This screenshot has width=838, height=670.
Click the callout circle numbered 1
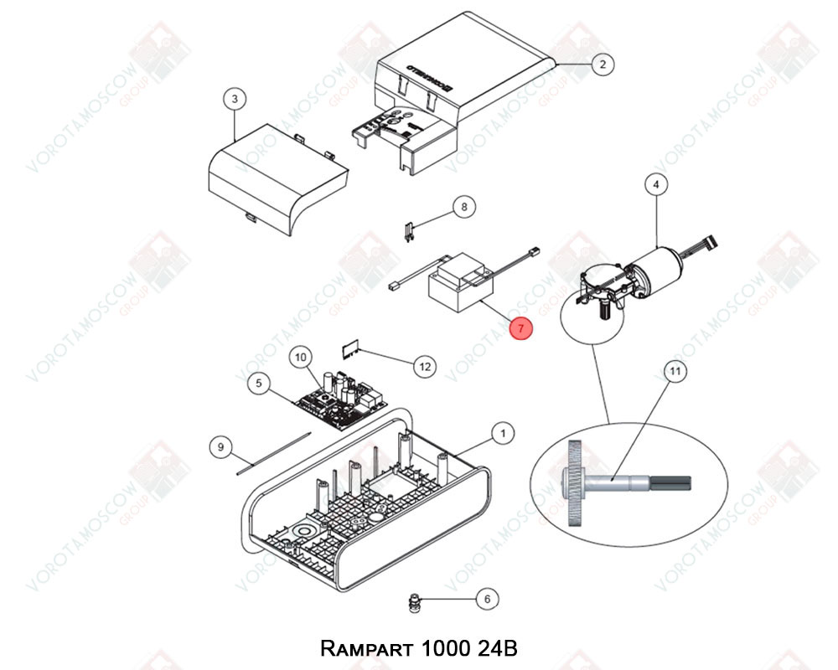coord(502,433)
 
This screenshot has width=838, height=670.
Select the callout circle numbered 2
coord(602,64)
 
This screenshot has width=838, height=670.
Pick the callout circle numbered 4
coord(655,183)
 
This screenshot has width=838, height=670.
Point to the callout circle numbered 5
coord(259,384)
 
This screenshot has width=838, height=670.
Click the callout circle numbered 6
coord(487,599)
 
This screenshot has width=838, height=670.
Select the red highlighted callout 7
coord(520,329)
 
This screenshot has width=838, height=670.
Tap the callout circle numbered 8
coord(465,207)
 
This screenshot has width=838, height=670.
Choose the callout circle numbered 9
coord(220,447)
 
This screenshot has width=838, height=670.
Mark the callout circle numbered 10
coord(301,358)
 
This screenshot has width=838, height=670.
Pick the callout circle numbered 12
coord(425,365)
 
